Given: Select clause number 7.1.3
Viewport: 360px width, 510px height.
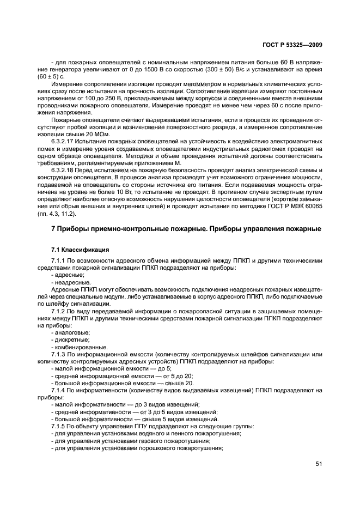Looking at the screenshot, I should pyautogui.click(x=59, y=354).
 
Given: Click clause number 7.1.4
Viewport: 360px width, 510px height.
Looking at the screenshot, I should pyautogui.click(x=59, y=390).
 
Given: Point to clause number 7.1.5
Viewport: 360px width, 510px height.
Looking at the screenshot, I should pyautogui.click(x=59, y=426).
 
